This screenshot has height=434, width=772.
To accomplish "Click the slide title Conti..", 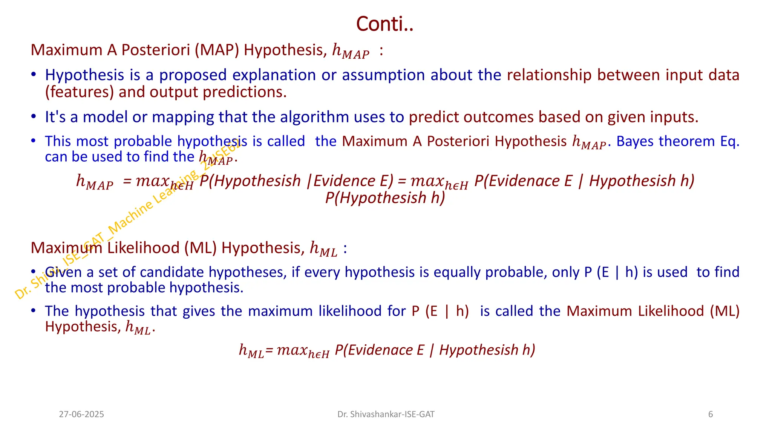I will point(384,24).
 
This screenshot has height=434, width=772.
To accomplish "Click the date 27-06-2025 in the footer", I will point(81,414).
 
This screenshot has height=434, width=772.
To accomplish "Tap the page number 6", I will point(711,414).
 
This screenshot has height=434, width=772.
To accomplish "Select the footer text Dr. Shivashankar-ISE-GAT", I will point(386,414).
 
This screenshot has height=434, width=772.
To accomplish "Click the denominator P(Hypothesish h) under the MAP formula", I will point(385,198).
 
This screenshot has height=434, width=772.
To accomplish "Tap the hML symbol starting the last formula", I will point(251,351).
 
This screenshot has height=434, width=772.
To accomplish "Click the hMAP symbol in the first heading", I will point(350,51).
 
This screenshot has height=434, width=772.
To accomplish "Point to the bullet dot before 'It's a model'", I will point(34,116).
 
